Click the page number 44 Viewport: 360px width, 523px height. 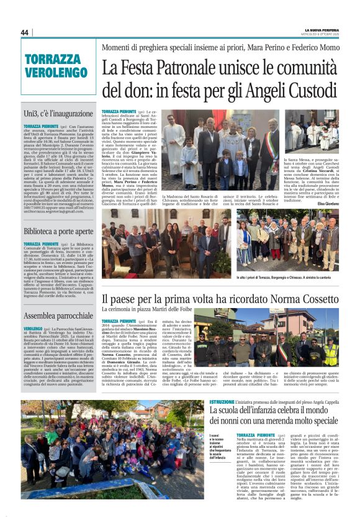click(x=25, y=32)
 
